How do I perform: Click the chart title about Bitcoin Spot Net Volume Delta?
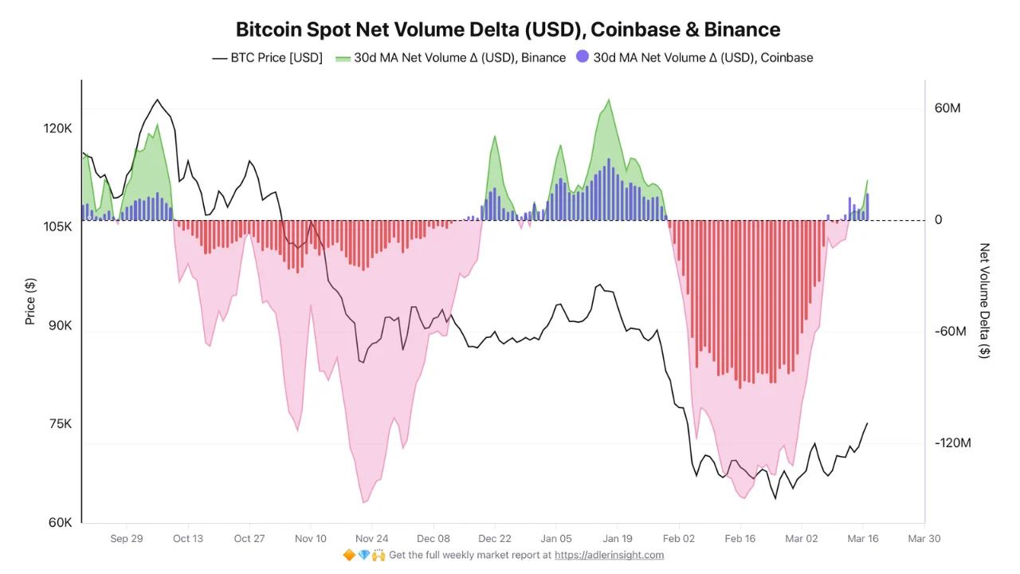[x=508, y=29]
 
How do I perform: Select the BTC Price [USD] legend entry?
[x=267, y=57]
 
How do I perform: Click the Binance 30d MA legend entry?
[x=450, y=57]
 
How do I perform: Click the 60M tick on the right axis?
[x=947, y=108]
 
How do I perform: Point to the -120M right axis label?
[x=952, y=443]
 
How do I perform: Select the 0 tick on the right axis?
[x=938, y=220]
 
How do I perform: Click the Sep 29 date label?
[x=127, y=538]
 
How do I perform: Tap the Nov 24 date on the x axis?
[x=371, y=538]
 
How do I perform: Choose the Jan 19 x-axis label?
[x=617, y=538]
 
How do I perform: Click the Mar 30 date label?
[x=924, y=538]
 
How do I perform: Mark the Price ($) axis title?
[x=30, y=301]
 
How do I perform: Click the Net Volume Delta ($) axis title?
[x=985, y=301]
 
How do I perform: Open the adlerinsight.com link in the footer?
[x=609, y=555]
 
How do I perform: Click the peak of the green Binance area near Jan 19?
[x=609, y=100]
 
